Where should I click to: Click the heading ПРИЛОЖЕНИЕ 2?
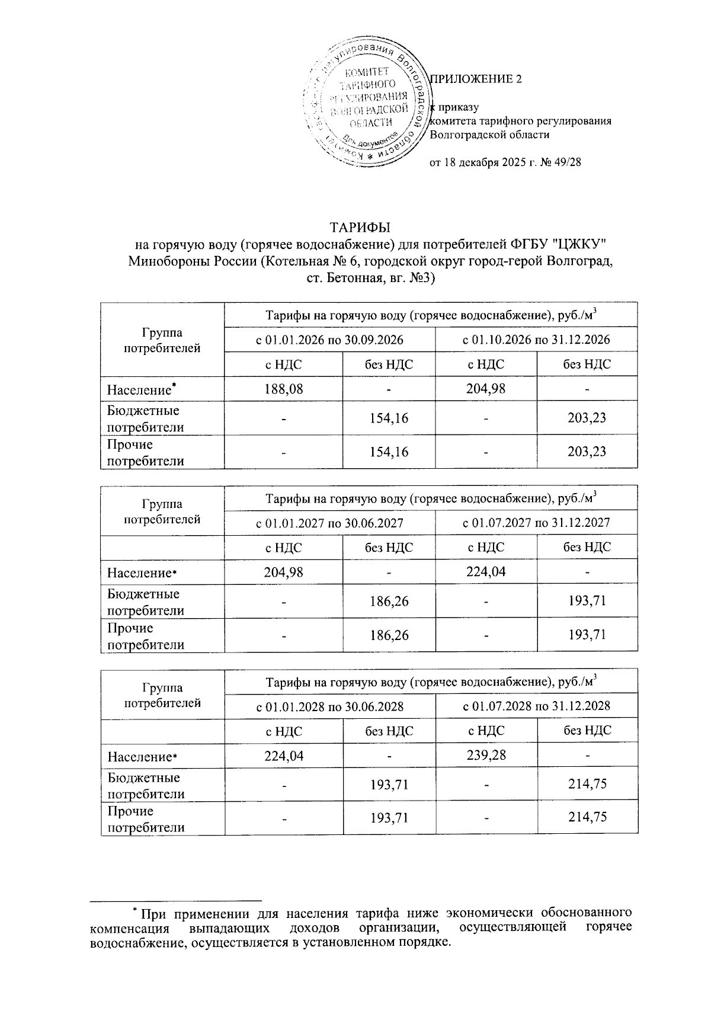(x=476, y=79)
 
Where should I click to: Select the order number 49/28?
(x=565, y=162)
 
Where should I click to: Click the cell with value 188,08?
(x=283, y=389)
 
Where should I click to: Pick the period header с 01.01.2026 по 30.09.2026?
(x=329, y=340)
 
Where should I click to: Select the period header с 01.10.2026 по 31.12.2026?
(x=536, y=340)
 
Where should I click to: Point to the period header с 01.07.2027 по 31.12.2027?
(x=536, y=523)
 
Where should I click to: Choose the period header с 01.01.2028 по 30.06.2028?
(x=329, y=706)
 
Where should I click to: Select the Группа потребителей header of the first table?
(x=162, y=340)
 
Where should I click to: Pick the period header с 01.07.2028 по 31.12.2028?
(x=536, y=706)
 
